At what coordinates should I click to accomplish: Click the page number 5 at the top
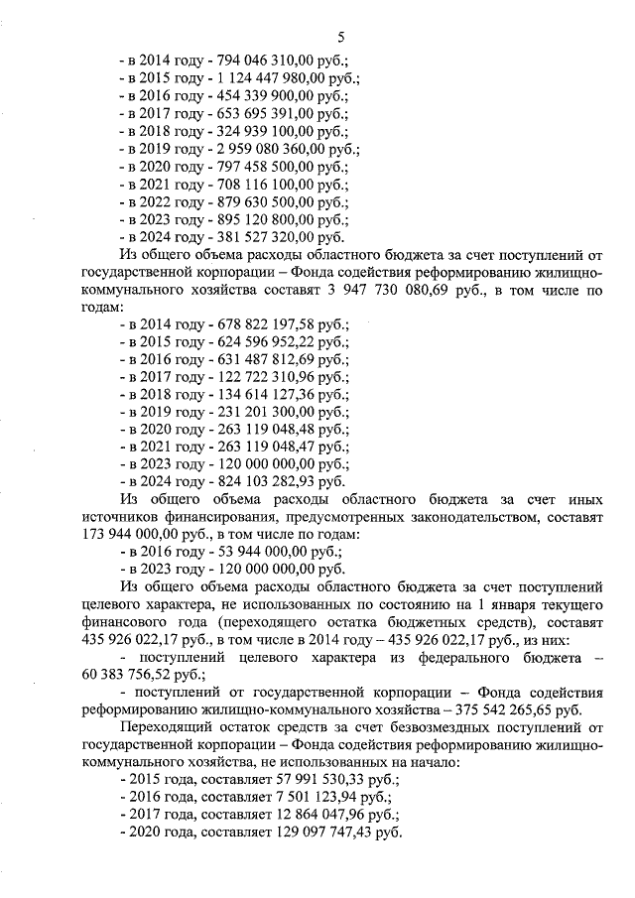(340, 38)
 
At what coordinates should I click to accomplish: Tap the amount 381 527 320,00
(262, 237)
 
